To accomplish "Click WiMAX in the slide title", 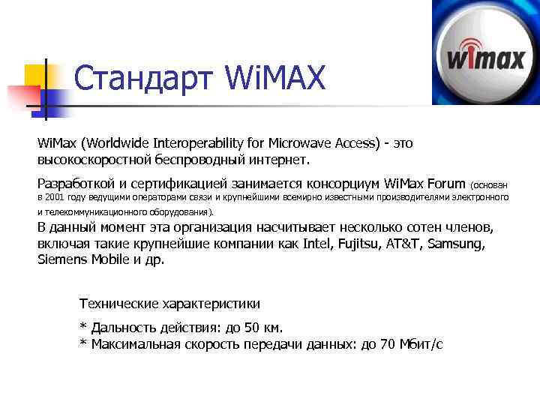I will point(275,79).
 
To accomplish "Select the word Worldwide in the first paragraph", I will point(121,143).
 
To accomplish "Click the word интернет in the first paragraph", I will point(278,160).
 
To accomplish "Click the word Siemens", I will point(61,260).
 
